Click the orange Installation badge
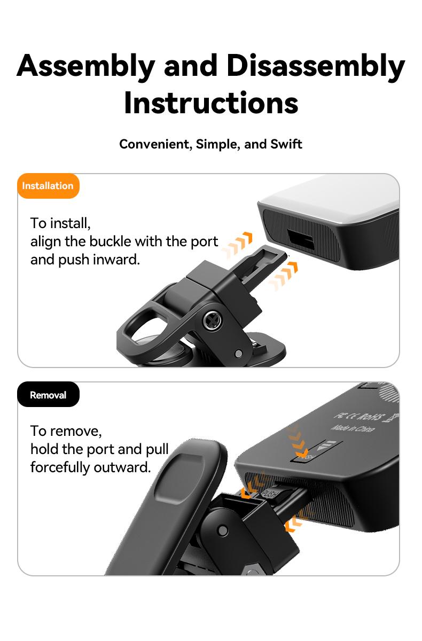[x=48, y=186]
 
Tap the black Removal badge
[x=48, y=395]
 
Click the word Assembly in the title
[x=85, y=66]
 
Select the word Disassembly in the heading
[x=315, y=66]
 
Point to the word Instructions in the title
[x=211, y=103]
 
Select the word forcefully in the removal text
[x=60, y=467]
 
